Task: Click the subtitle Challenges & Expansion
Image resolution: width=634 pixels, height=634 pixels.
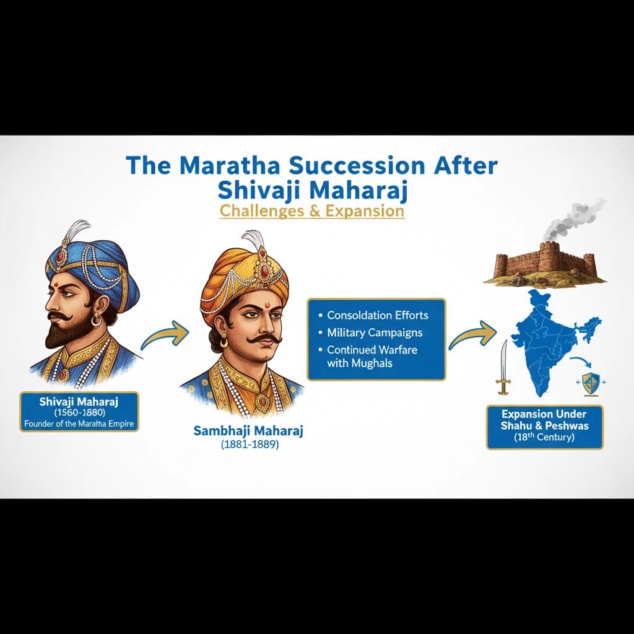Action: click(x=312, y=211)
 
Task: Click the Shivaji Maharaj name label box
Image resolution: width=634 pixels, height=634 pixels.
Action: click(x=79, y=410)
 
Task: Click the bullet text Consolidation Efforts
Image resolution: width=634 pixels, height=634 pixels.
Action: click(x=377, y=315)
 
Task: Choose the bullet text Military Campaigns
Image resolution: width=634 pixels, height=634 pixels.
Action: click(x=375, y=332)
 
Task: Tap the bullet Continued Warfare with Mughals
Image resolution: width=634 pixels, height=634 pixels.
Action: click(x=371, y=356)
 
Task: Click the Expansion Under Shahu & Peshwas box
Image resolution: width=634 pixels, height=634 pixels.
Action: click(x=544, y=426)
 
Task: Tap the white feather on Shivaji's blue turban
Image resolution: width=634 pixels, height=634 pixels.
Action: click(x=79, y=232)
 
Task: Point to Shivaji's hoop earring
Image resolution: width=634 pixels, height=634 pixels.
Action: click(x=96, y=321)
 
